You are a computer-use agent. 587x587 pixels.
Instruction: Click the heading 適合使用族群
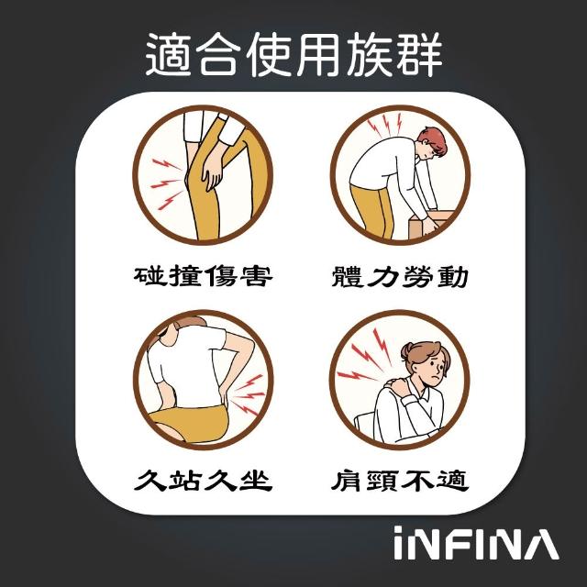(293, 54)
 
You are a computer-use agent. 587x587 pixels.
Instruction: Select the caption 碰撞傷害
(203, 276)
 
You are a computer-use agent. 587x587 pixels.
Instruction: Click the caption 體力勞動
(400, 276)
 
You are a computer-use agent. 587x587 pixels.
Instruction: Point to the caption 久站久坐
(203, 480)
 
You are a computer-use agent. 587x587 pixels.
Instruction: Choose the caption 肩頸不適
(400, 480)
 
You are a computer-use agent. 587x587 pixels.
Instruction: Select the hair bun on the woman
(406, 351)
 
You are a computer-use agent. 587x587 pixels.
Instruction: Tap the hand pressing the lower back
(223, 395)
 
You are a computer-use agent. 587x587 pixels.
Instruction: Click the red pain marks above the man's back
(384, 125)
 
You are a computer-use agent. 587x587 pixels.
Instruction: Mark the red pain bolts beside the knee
(166, 183)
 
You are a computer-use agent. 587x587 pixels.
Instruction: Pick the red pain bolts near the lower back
(248, 394)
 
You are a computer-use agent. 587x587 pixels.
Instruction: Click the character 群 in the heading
(420, 55)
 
